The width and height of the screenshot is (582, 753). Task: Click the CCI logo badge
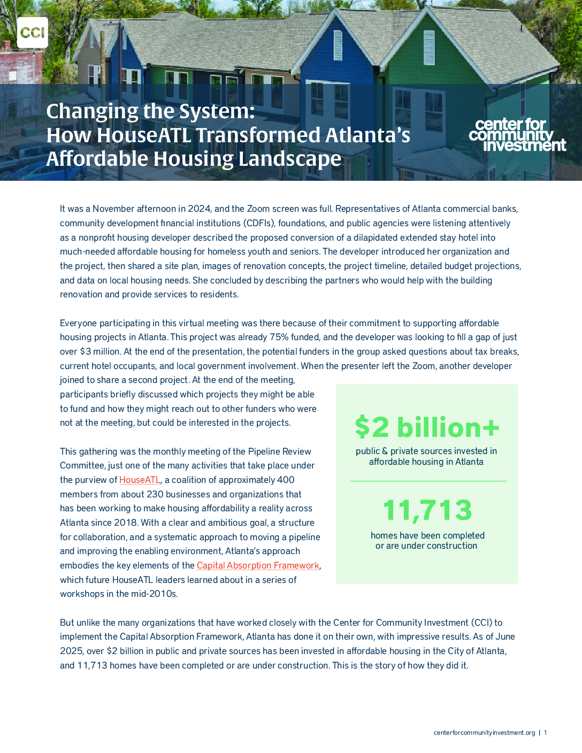[x=33, y=33]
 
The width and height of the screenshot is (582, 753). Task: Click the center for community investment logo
[x=517, y=135]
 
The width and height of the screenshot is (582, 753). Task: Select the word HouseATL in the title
[x=143, y=135]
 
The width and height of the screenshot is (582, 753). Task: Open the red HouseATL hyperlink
[x=140, y=480]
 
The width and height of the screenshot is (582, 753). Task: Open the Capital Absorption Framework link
[x=258, y=565]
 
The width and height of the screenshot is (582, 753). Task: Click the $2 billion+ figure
[x=427, y=427]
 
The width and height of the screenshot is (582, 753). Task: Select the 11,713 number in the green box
[x=427, y=510]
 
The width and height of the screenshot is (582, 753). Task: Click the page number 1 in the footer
[x=546, y=733]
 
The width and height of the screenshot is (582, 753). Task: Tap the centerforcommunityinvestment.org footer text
[x=484, y=733]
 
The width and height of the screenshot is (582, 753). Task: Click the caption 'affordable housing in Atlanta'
[x=426, y=462]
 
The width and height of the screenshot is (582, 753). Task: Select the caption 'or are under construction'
[x=426, y=545]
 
